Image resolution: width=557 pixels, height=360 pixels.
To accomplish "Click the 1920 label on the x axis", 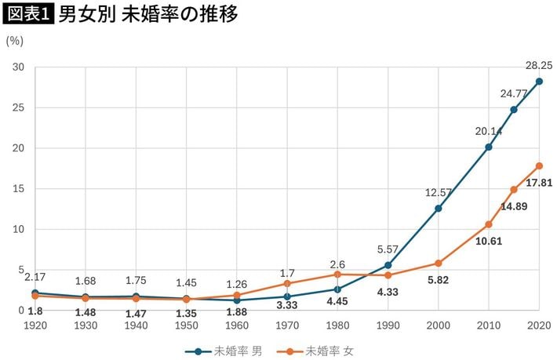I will click(x=36, y=325).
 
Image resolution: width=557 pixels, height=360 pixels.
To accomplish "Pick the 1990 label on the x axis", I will click(x=388, y=325).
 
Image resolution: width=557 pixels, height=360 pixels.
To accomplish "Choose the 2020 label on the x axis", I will click(x=539, y=325).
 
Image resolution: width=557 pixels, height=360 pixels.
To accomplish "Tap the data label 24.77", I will click(x=514, y=93).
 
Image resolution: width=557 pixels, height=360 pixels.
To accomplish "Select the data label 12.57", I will click(x=439, y=192).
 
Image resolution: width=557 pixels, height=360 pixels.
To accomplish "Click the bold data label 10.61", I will click(x=489, y=241).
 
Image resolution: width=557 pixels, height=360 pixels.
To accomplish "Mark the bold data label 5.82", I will click(x=438, y=280).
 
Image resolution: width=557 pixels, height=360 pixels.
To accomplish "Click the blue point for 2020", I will click(x=539, y=82).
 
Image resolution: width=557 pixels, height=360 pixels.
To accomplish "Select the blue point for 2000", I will click(x=438, y=209).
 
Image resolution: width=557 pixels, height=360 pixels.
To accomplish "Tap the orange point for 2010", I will click(x=488, y=224).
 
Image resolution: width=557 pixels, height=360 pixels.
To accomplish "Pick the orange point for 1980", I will click(x=337, y=275).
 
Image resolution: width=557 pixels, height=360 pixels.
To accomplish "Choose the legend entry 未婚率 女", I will click(x=322, y=351).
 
